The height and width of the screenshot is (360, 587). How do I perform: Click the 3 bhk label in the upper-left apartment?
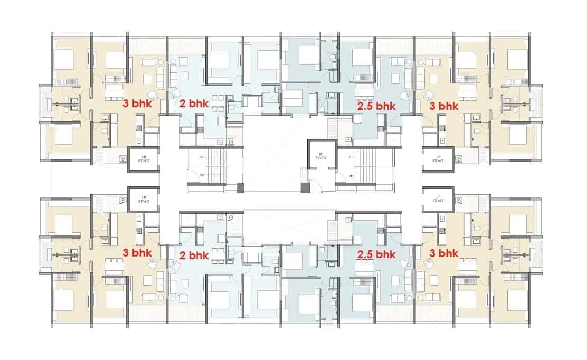click(x=137, y=104)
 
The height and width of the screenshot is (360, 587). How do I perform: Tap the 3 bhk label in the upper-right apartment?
click(x=443, y=105)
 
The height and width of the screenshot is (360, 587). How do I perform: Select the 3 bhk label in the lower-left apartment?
click(x=137, y=253)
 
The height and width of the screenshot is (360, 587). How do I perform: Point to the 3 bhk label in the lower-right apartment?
click(x=443, y=254)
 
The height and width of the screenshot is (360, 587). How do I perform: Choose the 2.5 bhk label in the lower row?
click(x=376, y=254)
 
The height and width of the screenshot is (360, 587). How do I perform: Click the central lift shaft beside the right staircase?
click(x=322, y=156)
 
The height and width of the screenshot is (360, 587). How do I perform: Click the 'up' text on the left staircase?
click(x=202, y=157)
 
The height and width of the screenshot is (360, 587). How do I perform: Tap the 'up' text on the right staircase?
click(x=351, y=157)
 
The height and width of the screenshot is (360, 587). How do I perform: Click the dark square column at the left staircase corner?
click(x=241, y=187)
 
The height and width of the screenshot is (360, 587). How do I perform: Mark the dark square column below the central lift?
click(x=304, y=187)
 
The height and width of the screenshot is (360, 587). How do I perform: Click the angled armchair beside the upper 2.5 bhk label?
click(x=404, y=95)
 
